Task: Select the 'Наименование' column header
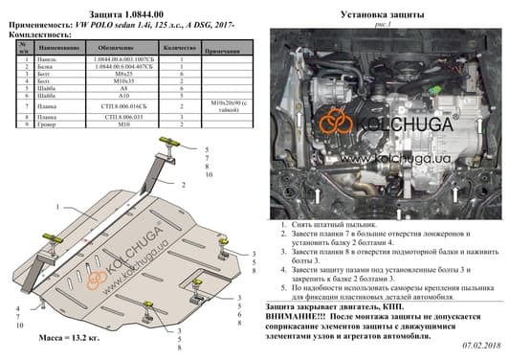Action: (x=59, y=46)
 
